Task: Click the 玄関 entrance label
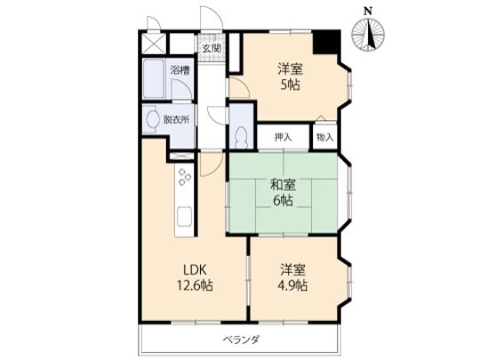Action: coord(211,49)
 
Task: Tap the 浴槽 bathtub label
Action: coord(180,69)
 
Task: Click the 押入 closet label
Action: coord(283,138)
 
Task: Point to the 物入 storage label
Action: coord(324,138)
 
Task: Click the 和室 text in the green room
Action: coord(283,186)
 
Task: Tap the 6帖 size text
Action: coord(283,202)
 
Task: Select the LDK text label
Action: coord(195,269)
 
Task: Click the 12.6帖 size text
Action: coord(195,285)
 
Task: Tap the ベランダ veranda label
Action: coord(240,340)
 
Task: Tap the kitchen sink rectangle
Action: coord(184,219)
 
